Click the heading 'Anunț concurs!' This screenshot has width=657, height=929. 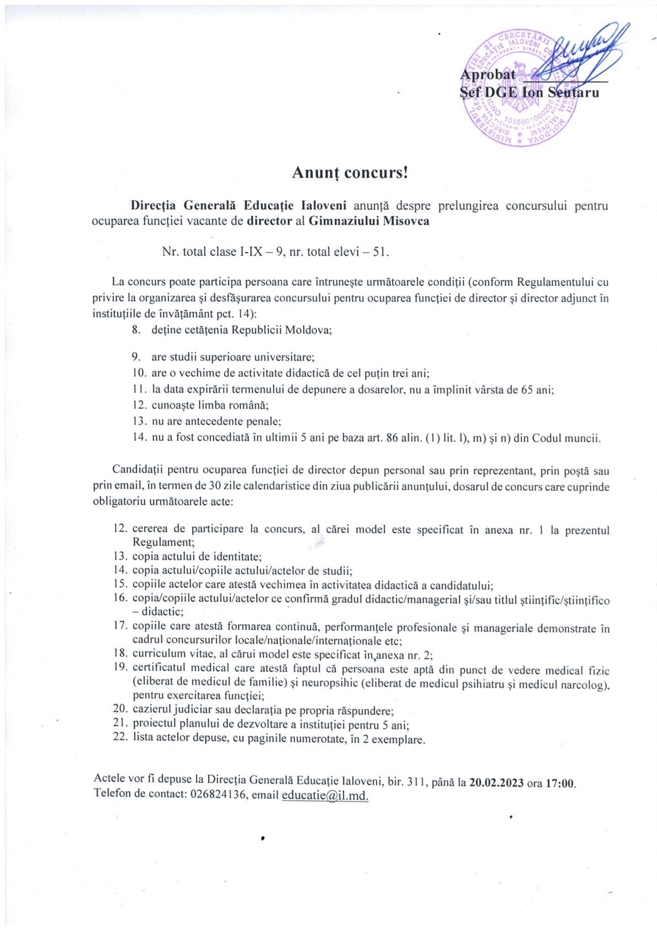coord(350,173)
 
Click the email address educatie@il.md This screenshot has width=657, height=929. coord(325,795)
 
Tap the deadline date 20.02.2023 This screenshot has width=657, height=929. coord(496,783)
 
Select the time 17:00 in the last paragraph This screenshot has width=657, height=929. coord(560,783)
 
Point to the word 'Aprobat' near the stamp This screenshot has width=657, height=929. coord(488,75)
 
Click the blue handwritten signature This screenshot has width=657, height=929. coord(580,52)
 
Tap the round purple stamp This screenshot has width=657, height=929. coord(519,88)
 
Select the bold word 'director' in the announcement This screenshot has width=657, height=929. coord(269,221)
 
